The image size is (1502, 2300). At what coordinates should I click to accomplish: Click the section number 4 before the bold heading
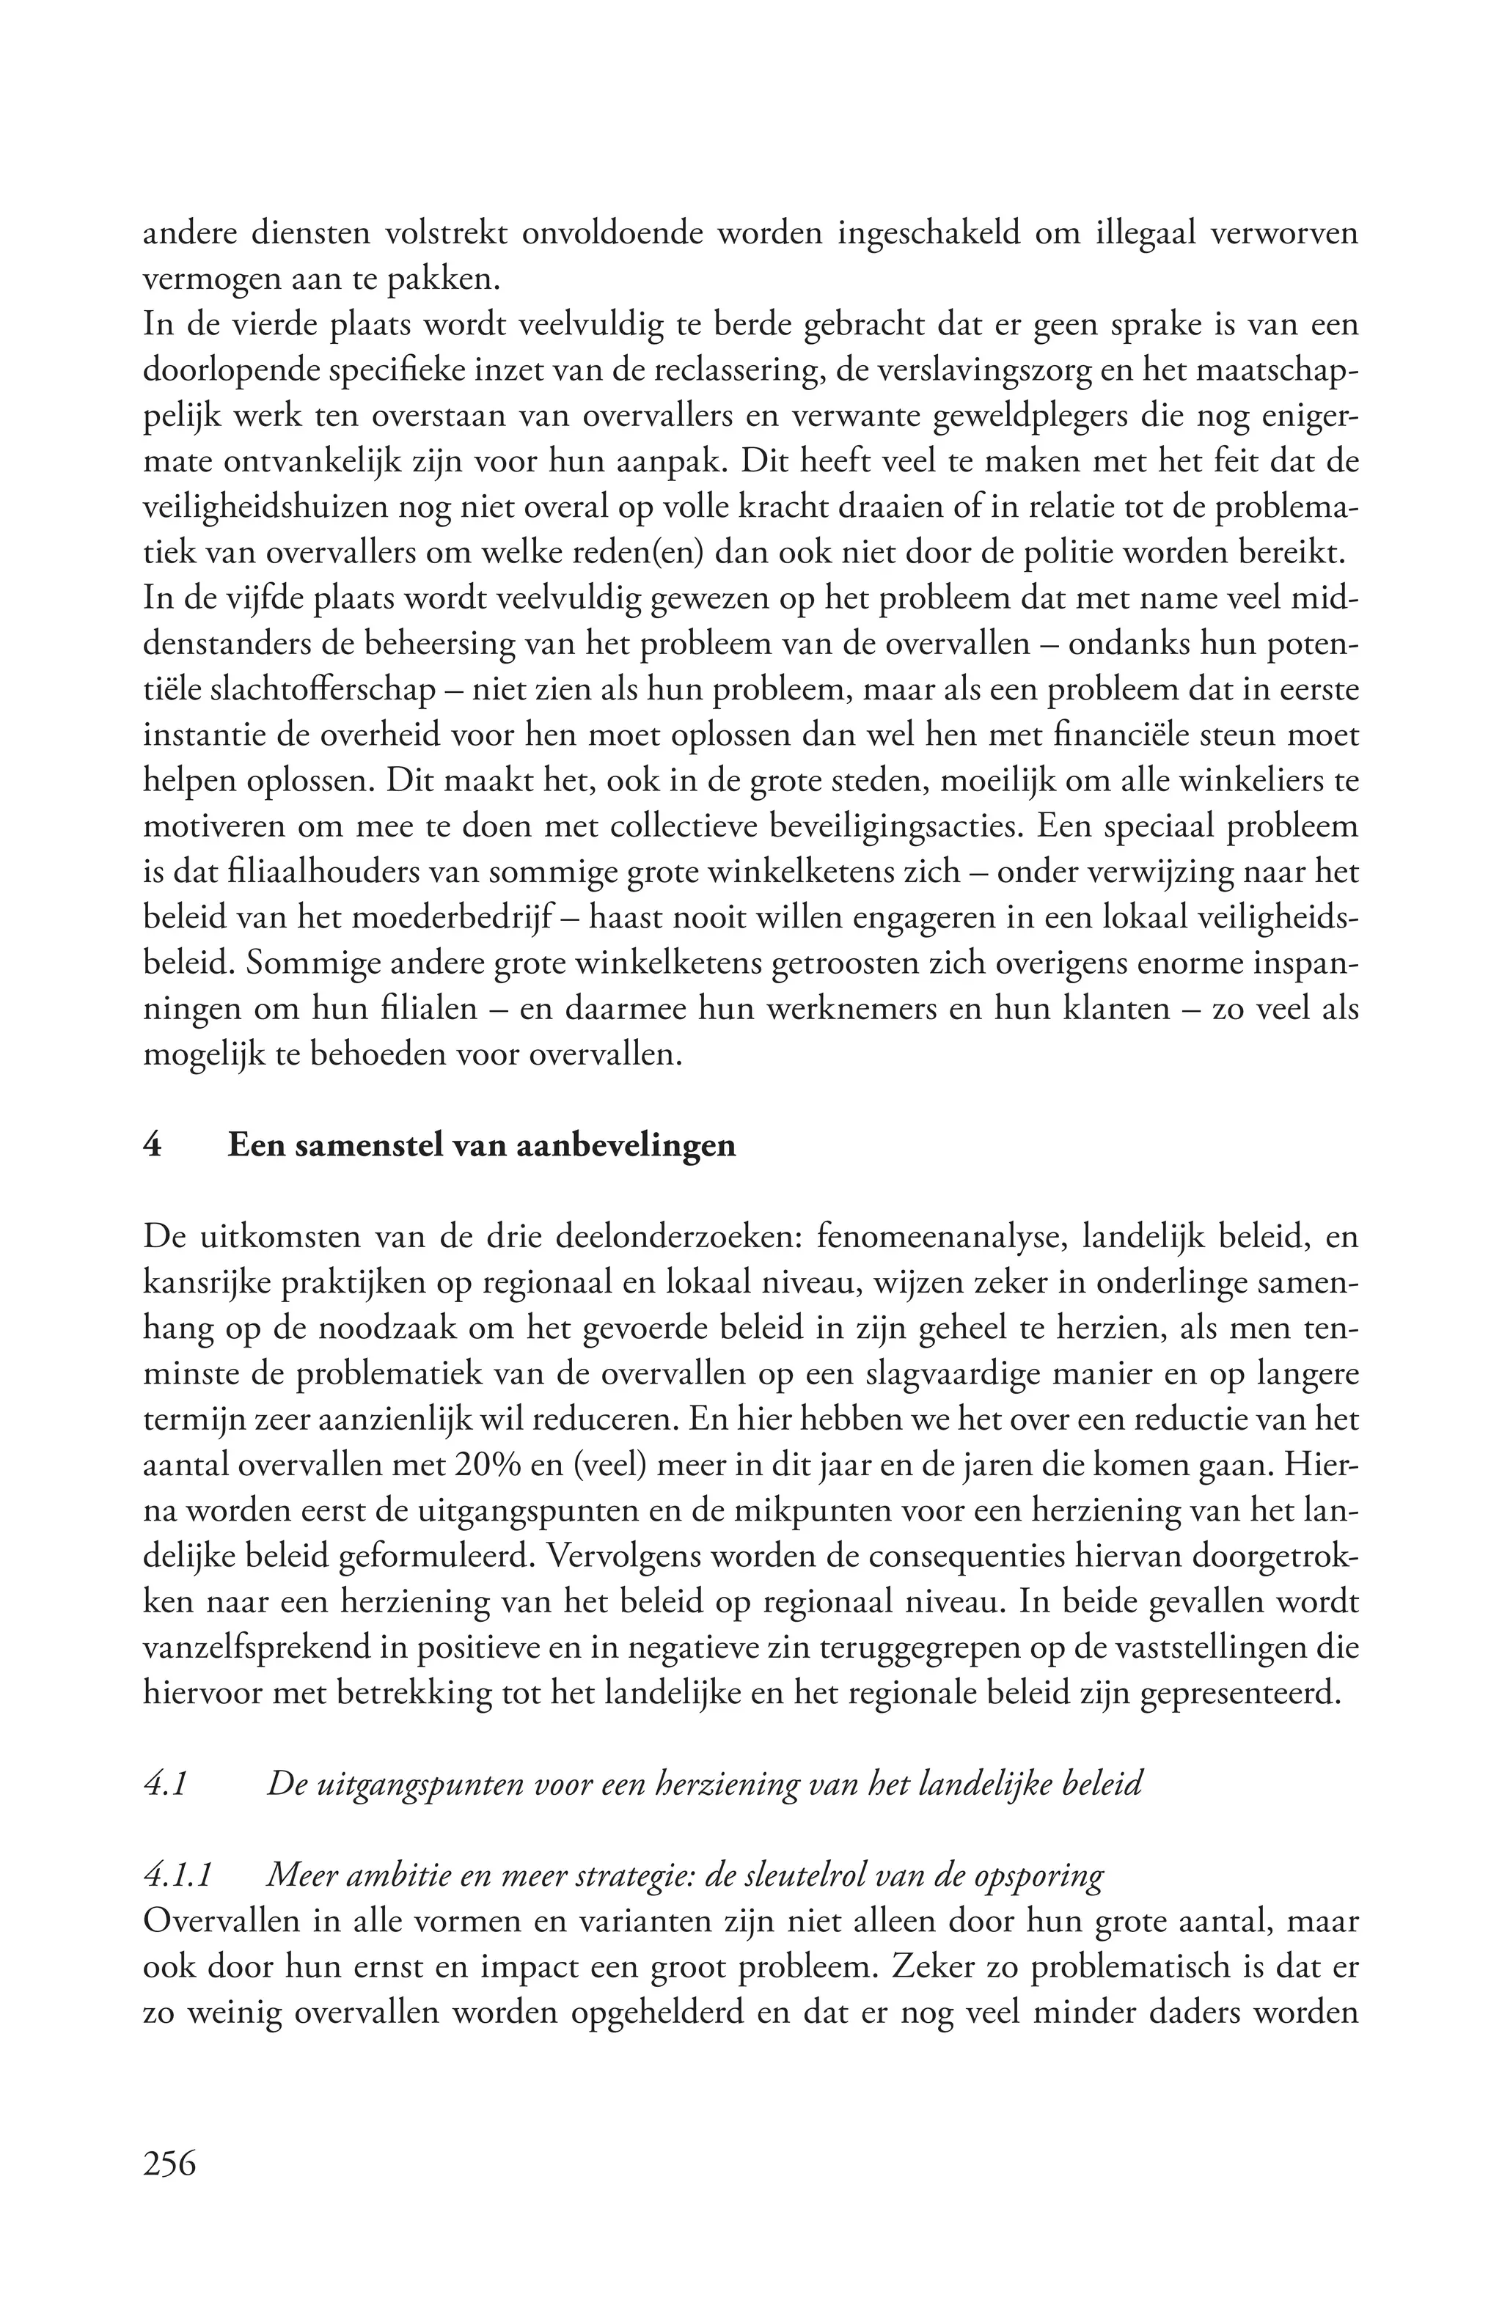pyautogui.click(x=152, y=1145)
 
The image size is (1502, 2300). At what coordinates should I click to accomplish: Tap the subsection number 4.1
pyautogui.click(x=164, y=1783)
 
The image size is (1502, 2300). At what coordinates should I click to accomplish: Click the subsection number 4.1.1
pyautogui.click(x=177, y=1875)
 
